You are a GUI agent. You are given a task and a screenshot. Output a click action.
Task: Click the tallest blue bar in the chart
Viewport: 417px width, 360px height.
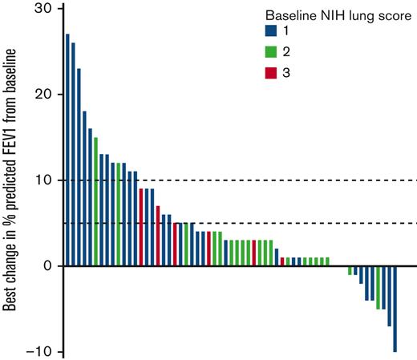click(67, 150)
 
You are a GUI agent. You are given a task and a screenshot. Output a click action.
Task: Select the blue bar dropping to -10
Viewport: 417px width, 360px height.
click(395, 309)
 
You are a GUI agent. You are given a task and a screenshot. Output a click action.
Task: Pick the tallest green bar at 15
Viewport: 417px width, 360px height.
click(95, 201)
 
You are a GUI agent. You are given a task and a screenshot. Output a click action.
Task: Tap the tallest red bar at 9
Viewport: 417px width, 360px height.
click(141, 227)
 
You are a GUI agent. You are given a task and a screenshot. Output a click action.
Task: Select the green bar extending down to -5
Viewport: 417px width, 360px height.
click(378, 287)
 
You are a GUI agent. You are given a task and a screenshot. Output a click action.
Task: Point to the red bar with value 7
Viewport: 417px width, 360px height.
click(158, 236)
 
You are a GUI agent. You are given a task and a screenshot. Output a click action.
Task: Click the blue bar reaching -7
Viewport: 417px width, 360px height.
click(389, 296)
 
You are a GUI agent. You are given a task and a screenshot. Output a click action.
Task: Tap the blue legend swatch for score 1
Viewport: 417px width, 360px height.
click(271, 32)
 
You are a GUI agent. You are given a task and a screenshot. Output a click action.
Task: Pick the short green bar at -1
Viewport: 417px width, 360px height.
click(350, 270)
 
